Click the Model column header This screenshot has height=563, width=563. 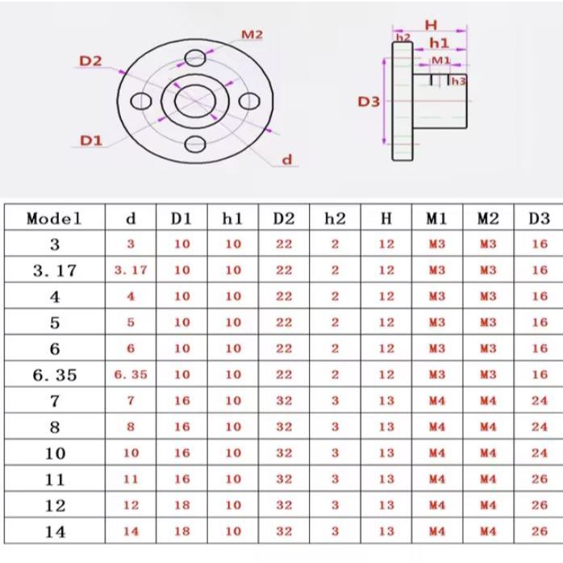tap(54, 219)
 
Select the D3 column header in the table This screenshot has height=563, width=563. tap(540, 219)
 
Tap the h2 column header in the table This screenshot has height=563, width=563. tap(335, 219)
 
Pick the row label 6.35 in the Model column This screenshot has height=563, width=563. tap(55, 375)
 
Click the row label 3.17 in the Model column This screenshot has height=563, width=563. tap(55, 270)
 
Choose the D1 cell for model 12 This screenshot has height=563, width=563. tap(182, 505)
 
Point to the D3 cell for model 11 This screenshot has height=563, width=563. tap(540, 479)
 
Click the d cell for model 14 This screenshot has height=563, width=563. tap(131, 532)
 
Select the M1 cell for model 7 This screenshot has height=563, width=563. tap(437, 401)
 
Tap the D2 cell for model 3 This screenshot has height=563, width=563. tap(284, 244)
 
